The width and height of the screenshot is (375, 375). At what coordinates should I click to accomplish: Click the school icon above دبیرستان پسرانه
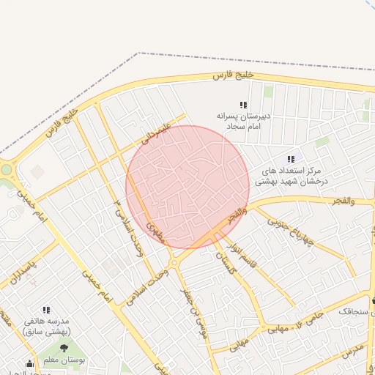tap(244, 105)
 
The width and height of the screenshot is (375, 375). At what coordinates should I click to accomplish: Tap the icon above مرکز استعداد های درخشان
tap(292, 159)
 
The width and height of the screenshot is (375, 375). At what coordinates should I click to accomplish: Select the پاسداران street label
tap(23, 271)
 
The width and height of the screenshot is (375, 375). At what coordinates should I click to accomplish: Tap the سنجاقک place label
tap(353, 312)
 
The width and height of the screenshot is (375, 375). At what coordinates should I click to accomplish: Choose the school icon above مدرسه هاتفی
tap(47, 310)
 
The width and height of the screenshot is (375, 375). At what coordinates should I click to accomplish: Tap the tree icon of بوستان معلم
tap(64, 349)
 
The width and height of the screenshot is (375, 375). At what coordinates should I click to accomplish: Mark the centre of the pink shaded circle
tap(187, 187)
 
